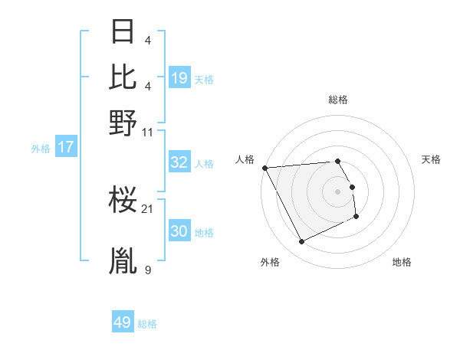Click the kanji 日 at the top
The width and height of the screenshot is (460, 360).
[x=123, y=32]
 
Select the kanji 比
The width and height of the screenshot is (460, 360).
[x=123, y=77]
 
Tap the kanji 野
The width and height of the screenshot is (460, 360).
[x=123, y=123]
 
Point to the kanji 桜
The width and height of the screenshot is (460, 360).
[x=123, y=201]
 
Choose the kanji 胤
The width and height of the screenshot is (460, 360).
[x=123, y=261]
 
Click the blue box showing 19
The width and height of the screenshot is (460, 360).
[x=179, y=78]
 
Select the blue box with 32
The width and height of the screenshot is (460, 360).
[x=179, y=162]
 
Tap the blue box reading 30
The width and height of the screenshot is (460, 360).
[x=179, y=231]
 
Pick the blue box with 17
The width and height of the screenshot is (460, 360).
[x=66, y=147]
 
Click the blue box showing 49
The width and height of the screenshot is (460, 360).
[x=123, y=322]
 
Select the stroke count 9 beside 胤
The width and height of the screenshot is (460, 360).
[x=147, y=270]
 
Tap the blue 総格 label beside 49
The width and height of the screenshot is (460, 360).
[x=147, y=324]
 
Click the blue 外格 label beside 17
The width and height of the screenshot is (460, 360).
[x=41, y=149]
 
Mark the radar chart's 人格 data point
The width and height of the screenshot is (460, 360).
[x=264, y=168]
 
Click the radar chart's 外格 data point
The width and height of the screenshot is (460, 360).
[x=301, y=242]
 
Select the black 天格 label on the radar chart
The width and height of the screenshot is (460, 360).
[x=432, y=159]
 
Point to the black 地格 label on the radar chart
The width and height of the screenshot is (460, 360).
[x=402, y=262]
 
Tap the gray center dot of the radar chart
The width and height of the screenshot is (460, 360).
[x=337, y=191]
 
